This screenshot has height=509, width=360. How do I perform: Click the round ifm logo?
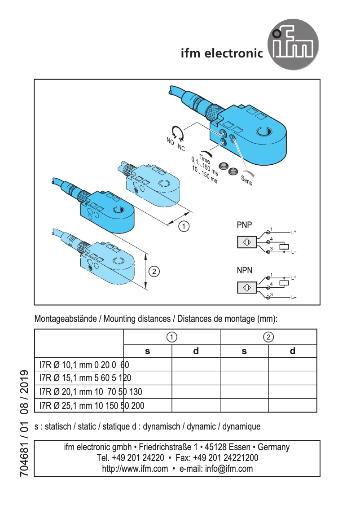(x=294, y=44)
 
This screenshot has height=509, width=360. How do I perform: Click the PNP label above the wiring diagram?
(x=244, y=225)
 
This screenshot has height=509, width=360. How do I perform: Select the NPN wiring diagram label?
(x=244, y=271)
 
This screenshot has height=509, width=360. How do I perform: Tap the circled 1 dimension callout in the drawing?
(x=184, y=226)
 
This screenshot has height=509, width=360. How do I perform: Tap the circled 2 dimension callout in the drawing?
(x=154, y=271)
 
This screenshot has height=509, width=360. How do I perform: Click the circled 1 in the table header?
(x=171, y=337)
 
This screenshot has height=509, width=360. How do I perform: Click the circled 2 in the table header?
(x=268, y=337)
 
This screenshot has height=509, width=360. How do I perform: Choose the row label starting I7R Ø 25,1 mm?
(x=92, y=406)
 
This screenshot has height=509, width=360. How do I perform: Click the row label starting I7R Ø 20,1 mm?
(x=91, y=392)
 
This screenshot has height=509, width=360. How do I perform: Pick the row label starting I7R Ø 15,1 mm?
(x=85, y=378)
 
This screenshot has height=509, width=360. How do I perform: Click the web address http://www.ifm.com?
(x=135, y=469)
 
